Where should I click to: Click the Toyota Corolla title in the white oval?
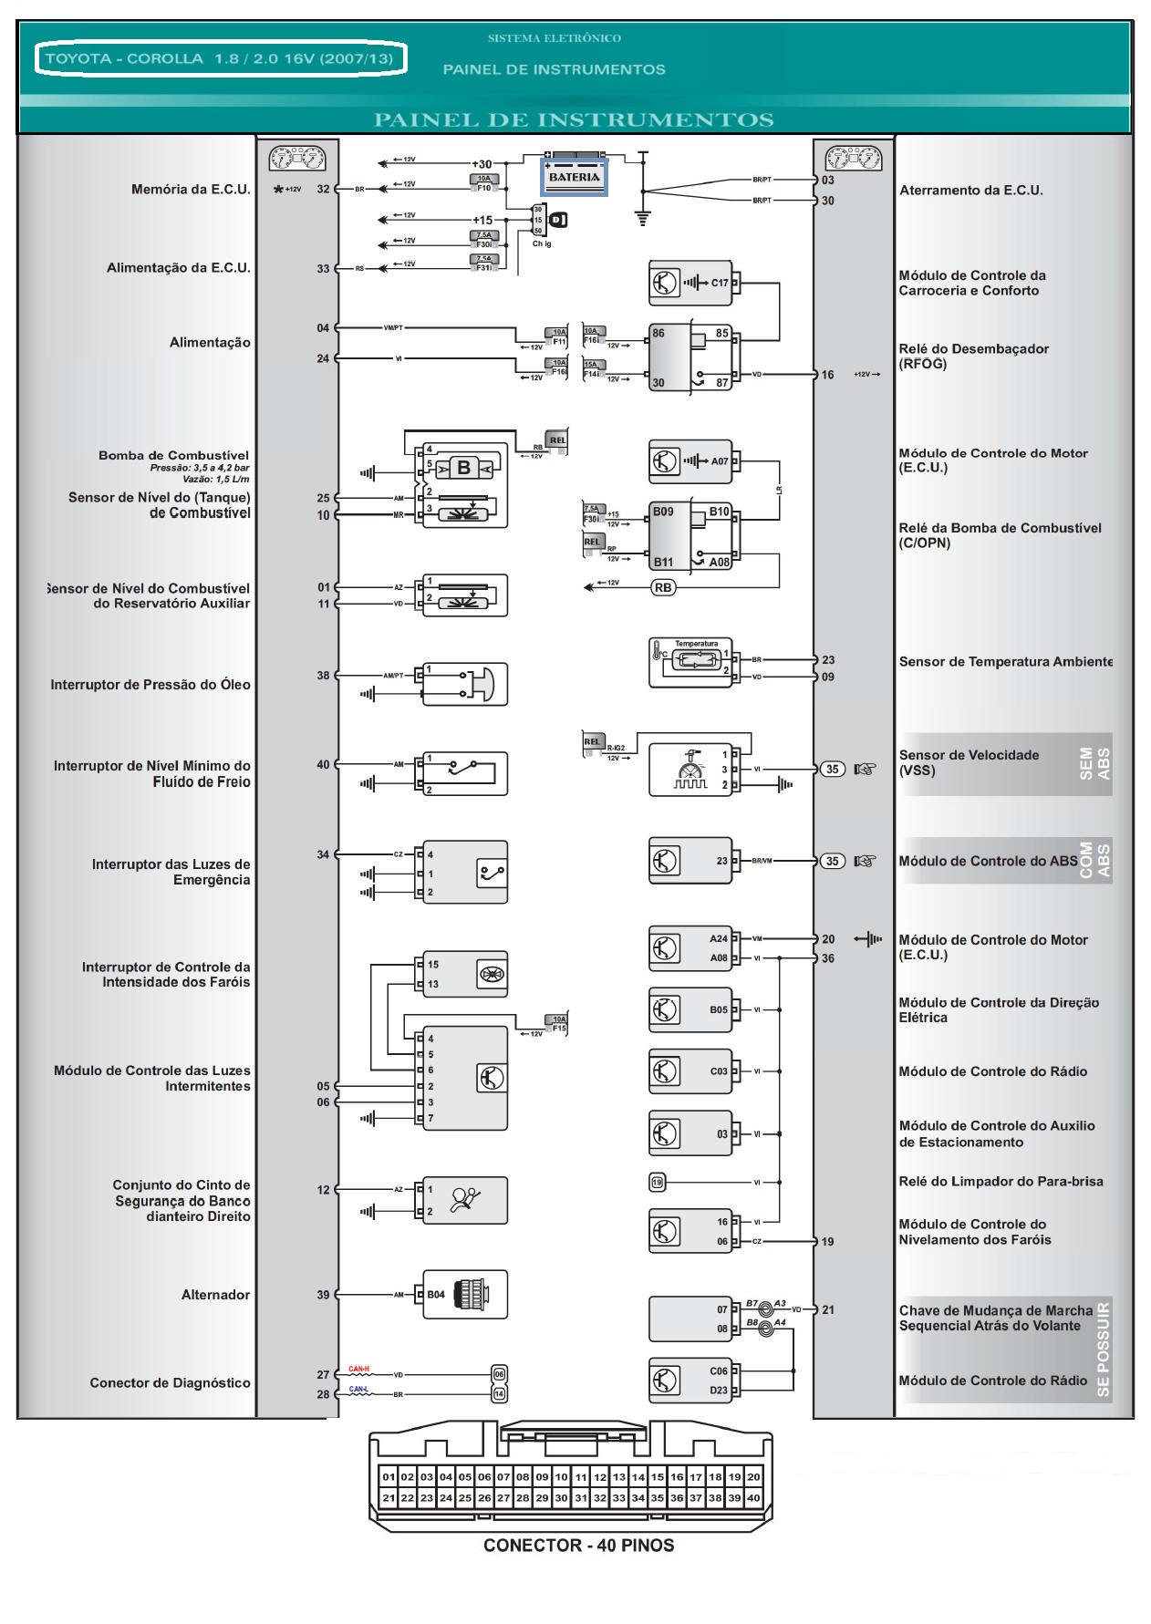click(220, 59)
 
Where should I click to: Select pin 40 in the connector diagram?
click(753, 1497)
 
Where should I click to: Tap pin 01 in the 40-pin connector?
click(389, 1476)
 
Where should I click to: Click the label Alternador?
click(215, 1295)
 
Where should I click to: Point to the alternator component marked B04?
click(464, 1295)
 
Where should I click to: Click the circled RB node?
click(663, 588)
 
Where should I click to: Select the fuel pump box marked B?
click(463, 468)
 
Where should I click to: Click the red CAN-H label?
click(358, 1369)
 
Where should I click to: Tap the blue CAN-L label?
click(358, 1389)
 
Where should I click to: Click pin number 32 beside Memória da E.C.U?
click(323, 190)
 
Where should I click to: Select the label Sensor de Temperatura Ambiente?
click(1005, 662)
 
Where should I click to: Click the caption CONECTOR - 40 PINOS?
click(578, 1546)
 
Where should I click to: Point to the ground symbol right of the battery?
click(642, 218)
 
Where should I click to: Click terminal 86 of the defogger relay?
click(658, 334)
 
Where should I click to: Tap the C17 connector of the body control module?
click(720, 283)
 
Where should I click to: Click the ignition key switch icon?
click(558, 220)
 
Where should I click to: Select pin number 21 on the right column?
click(828, 1310)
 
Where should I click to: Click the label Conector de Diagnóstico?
click(170, 1383)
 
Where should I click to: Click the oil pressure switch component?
click(464, 685)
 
